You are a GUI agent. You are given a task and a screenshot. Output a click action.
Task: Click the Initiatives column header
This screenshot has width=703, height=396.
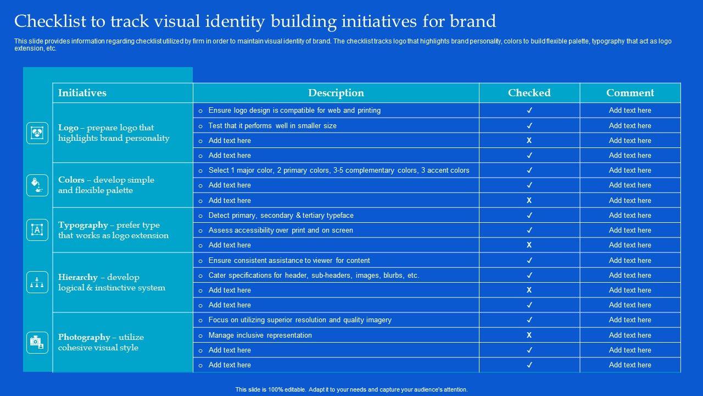pyautogui.click(x=82, y=93)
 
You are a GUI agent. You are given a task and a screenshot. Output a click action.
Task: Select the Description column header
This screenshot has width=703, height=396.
pyautogui.click(x=336, y=93)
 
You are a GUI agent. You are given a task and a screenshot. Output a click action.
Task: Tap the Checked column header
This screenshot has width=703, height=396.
pyautogui.click(x=529, y=93)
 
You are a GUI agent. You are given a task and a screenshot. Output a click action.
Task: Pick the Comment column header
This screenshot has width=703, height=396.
pyautogui.click(x=630, y=93)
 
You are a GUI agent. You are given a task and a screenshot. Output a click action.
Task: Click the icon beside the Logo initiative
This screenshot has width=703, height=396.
pyautogui.click(x=37, y=133)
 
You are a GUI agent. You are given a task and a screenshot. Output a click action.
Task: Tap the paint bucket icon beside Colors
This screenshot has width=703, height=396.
pyautogui.click(x=37, y=185)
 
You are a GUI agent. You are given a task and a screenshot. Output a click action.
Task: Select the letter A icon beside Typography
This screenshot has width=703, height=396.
pyautogui.click(x=37, y=230)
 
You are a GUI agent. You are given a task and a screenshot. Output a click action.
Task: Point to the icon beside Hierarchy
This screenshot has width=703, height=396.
pyautogui.click(x=37, y=282)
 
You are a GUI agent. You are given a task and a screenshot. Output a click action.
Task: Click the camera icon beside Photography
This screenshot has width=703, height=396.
pyautogui.click(x=37, y=342)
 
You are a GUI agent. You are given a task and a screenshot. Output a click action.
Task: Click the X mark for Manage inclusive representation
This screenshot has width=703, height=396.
pyautogui.click(x=529, y=335)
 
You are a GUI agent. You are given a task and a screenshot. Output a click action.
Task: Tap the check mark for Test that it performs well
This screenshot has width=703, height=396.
pyautogui.click(x=529, y=125)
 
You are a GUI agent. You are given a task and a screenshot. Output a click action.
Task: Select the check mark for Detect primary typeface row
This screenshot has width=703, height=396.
pyautogui.click(x=529, y=215)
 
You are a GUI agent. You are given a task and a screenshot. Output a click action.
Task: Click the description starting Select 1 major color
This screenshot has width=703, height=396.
pyautogui.click(x=338, y=170)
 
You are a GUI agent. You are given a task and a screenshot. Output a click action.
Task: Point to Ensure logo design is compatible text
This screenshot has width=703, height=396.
pyautogui.click(x=294, y=111)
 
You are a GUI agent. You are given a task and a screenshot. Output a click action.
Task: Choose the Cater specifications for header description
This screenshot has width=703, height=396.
pyautogui.click(x=314, y=275)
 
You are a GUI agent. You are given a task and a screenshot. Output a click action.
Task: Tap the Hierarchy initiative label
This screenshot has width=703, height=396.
pyautogui.click(x=78, y=277)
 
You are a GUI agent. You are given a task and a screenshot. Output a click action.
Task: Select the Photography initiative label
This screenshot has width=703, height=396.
pyautogui.click(x=84, y=337)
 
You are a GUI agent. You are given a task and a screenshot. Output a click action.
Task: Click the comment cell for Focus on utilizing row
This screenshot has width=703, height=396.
pyautogui.click(x=630, y=320)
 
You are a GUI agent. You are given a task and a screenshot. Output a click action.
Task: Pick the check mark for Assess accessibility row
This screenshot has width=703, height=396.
pyautogui.click(x=529, y=230)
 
